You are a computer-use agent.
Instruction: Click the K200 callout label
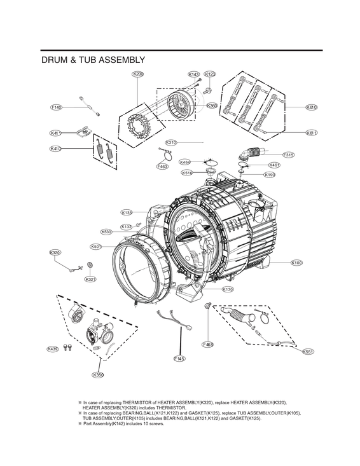[x=137, y=74]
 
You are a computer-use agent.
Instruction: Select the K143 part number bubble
[x=194, y=74]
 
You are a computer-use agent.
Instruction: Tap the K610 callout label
[x=312, y=107]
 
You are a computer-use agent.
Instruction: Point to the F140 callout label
[x=57, y=107]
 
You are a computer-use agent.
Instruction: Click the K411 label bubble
[x=56, y=133]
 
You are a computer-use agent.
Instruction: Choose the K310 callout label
[x=171, y=142]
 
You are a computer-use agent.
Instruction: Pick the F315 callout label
[x=288, y=154]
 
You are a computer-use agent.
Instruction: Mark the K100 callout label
[x=296, y=263]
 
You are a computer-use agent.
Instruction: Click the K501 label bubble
[x=96, y=247]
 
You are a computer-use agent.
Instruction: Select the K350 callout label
[x=98, y=375]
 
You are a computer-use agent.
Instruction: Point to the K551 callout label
[x=308, y=352]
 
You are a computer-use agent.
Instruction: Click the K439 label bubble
[x=53, y=348]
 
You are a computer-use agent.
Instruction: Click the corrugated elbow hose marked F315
[x=252, y=153]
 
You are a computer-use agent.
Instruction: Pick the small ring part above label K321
[x=90, y=265]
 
